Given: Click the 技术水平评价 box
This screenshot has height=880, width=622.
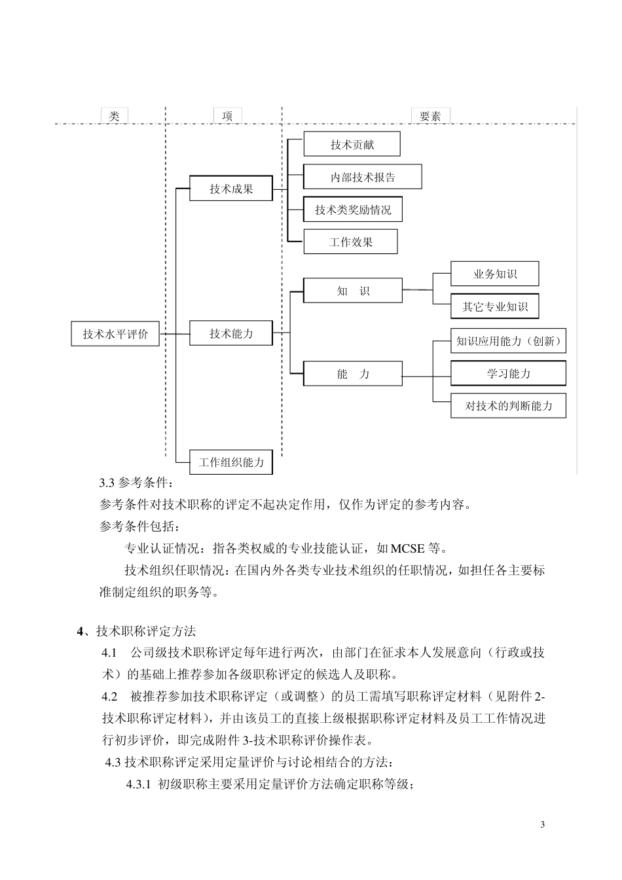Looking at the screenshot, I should point(115,334).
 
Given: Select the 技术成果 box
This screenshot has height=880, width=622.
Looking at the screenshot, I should point(231,189).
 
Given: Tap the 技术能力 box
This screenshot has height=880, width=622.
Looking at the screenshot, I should point(231,333).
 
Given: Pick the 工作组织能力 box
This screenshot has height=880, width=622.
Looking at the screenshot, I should point(231,462).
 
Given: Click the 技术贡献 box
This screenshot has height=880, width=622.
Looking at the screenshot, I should point(352,144).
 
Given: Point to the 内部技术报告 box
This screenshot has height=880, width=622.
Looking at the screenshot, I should point(363,177).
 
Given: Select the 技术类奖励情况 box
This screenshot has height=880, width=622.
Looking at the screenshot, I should point(353,210).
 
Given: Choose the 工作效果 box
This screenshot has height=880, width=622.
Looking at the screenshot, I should point(351,242).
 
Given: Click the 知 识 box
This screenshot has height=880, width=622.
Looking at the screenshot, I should point(353,291).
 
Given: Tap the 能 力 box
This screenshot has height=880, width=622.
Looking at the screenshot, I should point(353,373).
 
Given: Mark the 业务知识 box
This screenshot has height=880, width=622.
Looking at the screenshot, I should point(495,274).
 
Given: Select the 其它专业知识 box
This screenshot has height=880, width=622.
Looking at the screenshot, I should point(495,306).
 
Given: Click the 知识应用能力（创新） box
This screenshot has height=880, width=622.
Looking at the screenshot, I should point(508,340).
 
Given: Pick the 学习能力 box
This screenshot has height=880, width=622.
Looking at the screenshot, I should point(508,373).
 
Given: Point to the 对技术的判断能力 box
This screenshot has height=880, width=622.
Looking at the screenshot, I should point(508,406).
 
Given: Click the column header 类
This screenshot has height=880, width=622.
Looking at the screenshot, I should point(114,116).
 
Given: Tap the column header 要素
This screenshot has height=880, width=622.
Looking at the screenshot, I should point(430,116).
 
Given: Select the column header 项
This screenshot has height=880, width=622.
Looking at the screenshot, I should point(227,116).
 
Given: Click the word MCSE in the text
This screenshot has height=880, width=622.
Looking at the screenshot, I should point(408,548).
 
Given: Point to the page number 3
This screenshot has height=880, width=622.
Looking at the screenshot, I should point(542,824).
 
